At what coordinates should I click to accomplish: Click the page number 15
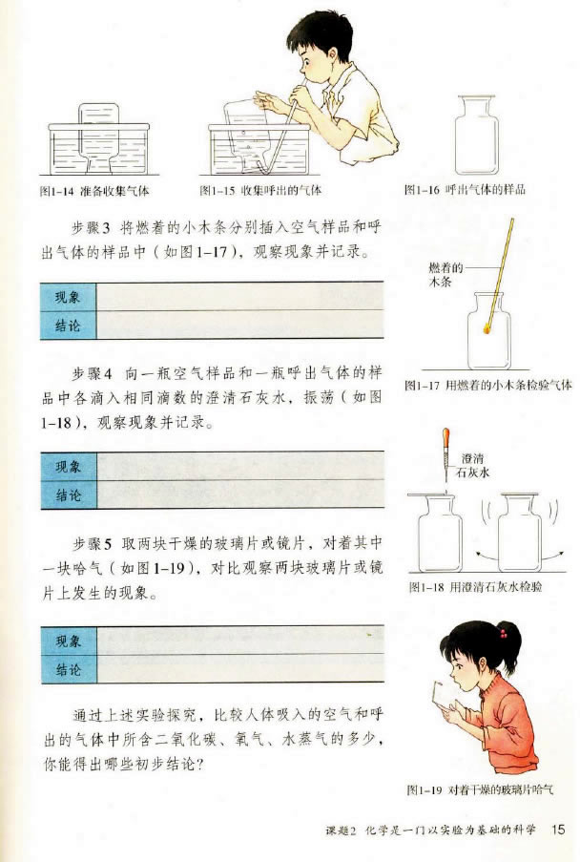pos(557,829)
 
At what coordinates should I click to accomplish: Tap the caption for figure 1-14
pos(94,191)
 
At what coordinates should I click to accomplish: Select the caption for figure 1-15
pos(260,190)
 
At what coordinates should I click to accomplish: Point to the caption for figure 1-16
pos(465,190)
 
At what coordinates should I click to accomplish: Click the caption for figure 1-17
pos(487,385)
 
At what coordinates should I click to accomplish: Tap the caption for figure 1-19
pos(480,790)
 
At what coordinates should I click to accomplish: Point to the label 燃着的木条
pos(445,275)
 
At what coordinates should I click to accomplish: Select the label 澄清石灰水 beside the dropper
pos(475,465)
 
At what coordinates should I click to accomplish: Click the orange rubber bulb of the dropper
pos(446,439)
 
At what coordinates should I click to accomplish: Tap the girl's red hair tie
pos(502,633)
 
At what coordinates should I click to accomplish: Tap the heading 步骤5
pos(93,544)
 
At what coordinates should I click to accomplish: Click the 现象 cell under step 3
pos(68,297)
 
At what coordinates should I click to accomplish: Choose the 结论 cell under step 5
pos(69,669)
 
